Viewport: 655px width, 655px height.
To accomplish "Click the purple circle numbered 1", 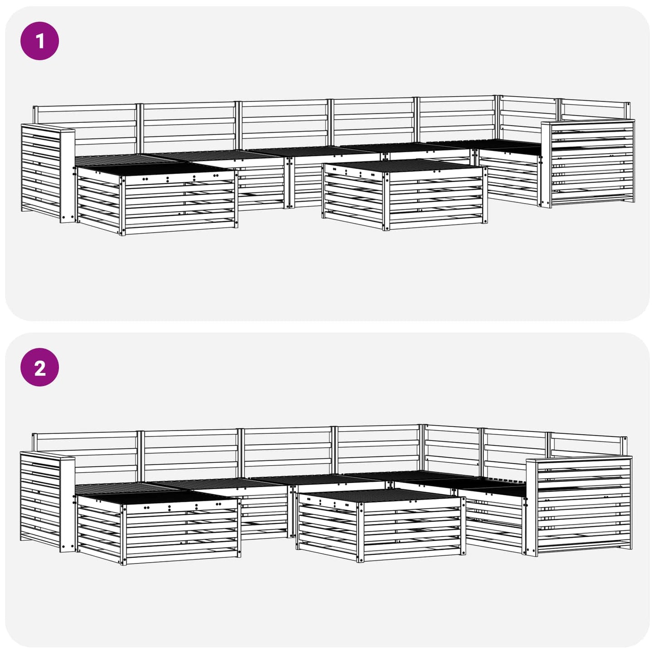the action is [x=40, y=41].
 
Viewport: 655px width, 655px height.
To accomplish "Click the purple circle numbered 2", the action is [x=40, y=367].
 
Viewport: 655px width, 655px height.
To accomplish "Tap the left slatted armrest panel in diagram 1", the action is [x=41, y=172].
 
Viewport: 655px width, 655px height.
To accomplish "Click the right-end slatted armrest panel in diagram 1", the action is [x=592, y=163].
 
